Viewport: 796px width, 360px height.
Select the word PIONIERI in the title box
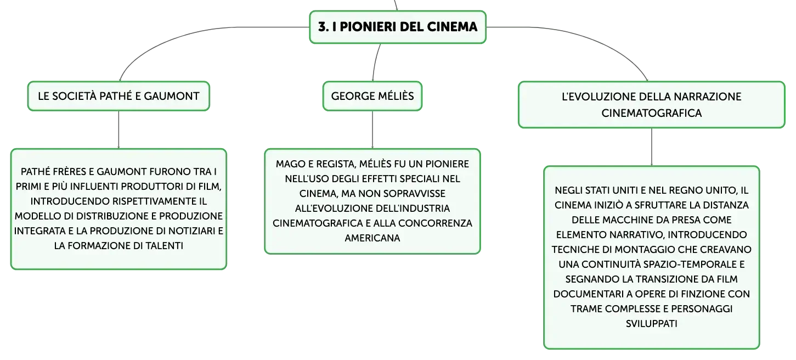pos(368,27)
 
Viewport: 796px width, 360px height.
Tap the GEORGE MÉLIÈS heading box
pos(372,96)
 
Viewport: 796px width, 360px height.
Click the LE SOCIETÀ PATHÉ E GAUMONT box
pos(118,96)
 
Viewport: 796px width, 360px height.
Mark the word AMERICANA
pos(372,238)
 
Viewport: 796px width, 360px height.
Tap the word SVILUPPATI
pos(651,324)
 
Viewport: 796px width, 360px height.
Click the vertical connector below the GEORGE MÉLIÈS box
pos(372,130)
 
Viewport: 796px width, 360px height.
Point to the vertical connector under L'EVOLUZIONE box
pos(651,147)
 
